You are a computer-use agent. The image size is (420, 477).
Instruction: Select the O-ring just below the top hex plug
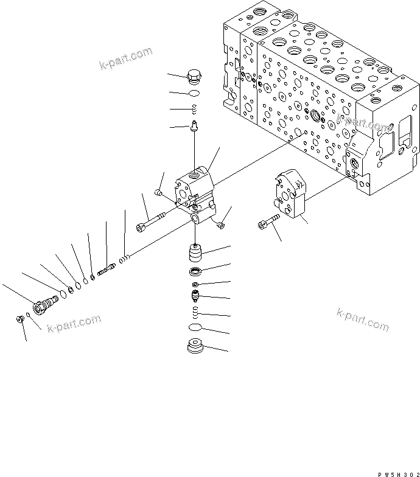[x=194, y=94]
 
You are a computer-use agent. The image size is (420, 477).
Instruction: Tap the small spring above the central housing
[x=194, y=109]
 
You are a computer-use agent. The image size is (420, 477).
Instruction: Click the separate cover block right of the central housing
[x=289, y=194]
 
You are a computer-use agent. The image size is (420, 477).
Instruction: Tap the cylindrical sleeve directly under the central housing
[x=195, y=251]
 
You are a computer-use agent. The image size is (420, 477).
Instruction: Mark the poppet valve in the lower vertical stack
[x=195, y=298]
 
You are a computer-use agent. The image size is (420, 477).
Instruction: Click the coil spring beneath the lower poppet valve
[x=195, y=313]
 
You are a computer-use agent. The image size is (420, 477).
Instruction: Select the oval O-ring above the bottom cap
[x=195, y=328]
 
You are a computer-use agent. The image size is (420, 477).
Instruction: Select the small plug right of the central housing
[x=220, y=226]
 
